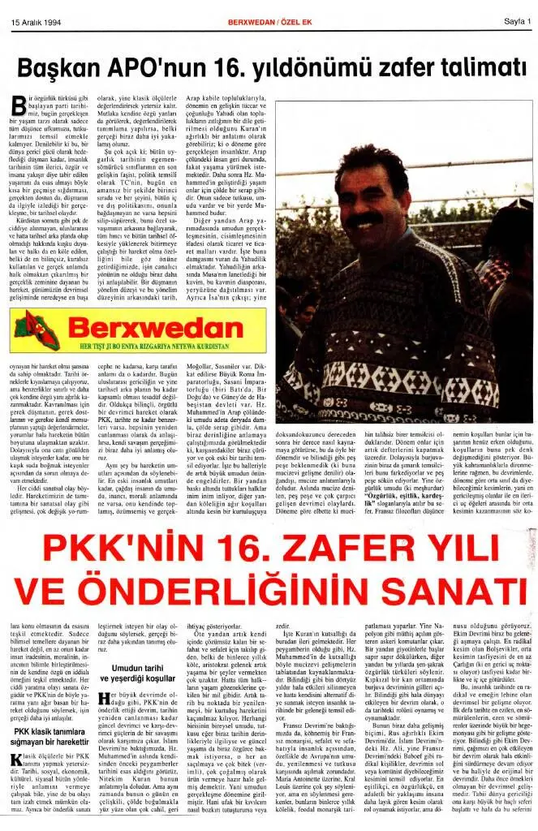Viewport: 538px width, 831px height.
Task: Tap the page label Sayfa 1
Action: tap(507, 22)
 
